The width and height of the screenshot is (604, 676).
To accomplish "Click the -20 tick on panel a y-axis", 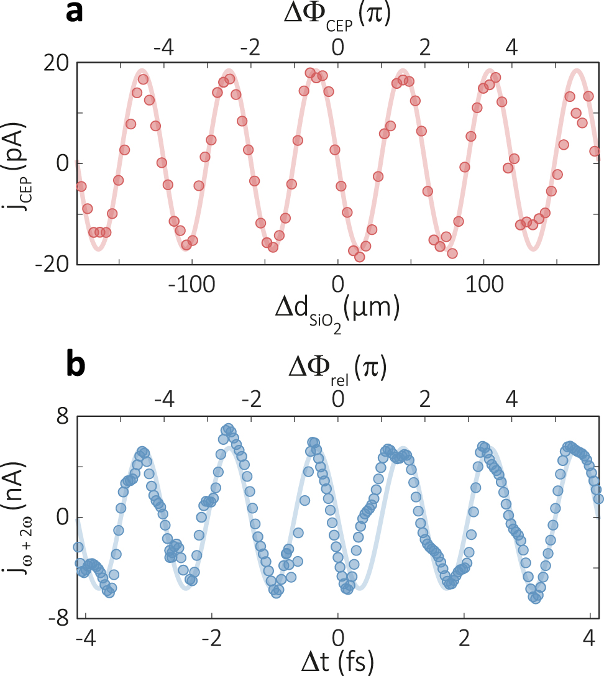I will coord(52,265).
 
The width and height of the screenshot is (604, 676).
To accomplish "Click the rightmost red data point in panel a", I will coord(595,151).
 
